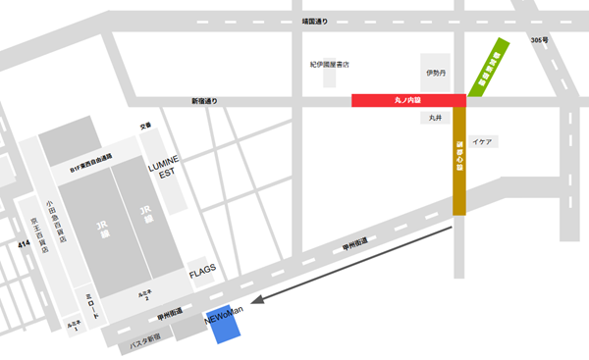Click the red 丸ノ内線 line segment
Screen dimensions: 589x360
[x=407, y=100]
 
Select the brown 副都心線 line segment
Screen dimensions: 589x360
[x=458, y=162]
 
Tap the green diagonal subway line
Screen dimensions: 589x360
[x=487, y=68]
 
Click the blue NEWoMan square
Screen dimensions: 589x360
[x=227, y=328]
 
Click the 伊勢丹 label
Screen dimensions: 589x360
[x=436, y=73]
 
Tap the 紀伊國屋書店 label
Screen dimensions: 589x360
[x=330, y=65]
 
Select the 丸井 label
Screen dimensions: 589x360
[x=436, y=118]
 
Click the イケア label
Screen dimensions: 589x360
[x=482, y=142]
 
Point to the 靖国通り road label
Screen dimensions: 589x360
[x=317, y=19]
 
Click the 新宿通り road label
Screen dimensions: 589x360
[x=207, y=101]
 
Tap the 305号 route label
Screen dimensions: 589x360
[x=538, y=40]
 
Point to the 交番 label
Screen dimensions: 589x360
[x=145, y=126]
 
